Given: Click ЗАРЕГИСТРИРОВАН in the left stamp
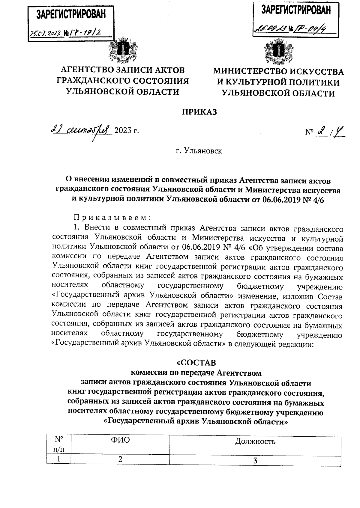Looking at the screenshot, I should coord(71,14).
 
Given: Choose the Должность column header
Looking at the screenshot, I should coord(255,441).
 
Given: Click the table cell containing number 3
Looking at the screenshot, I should coord(255,461).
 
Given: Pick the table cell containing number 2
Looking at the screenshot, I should coord(120,460).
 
